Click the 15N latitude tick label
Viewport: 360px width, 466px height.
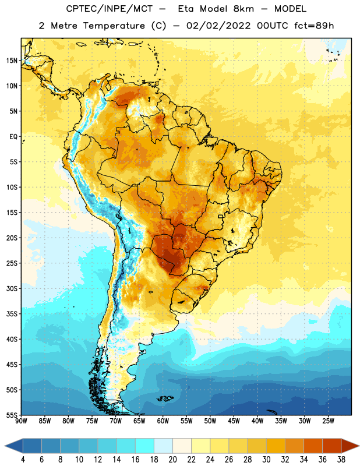click(12, 61)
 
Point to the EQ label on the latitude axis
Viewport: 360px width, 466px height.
click(13, 137)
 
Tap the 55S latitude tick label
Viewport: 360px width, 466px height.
click(12, 415)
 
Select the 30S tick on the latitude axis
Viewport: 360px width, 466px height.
click(12, 288)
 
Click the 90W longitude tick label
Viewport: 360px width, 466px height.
click(21, 421)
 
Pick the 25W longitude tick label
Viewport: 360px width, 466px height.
click(328, 421)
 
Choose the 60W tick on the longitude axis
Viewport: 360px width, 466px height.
click(163, 421)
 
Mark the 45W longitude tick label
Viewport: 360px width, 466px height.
click(234, 421)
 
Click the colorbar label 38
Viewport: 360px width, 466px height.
click(341, 460)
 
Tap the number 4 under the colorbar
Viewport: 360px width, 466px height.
click(23, 460)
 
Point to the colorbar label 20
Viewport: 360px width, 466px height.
click(172, 460)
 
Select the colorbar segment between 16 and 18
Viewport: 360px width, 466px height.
click(145, 446)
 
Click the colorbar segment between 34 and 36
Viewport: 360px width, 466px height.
click(313, 446)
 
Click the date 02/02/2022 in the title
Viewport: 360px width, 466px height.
click(218, 26)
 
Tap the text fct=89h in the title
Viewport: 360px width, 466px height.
click(314, 26)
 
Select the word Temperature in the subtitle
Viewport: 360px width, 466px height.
click(114, 26)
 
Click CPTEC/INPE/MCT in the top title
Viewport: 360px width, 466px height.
click(109, 9)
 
